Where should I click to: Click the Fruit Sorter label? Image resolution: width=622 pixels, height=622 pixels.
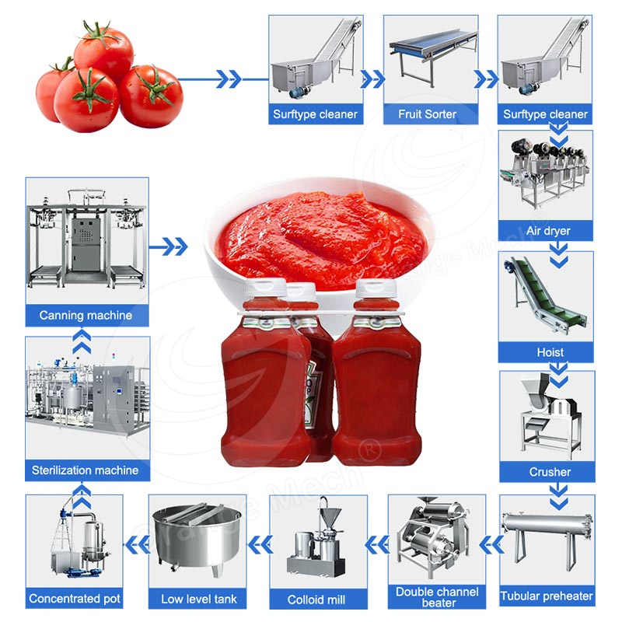point(427,114)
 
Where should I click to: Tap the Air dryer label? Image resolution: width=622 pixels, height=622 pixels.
point(547,231)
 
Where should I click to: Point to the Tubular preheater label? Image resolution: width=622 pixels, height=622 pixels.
point(547,597)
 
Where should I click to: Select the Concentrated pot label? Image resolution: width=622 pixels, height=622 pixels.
point(75,599)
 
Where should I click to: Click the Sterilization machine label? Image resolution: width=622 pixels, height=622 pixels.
point(86,470)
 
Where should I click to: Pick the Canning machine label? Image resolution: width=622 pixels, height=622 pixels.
point(86,316)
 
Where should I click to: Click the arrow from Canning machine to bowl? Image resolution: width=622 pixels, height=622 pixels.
point(169,247)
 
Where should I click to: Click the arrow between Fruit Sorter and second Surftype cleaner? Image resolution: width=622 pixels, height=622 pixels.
point(486,79)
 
